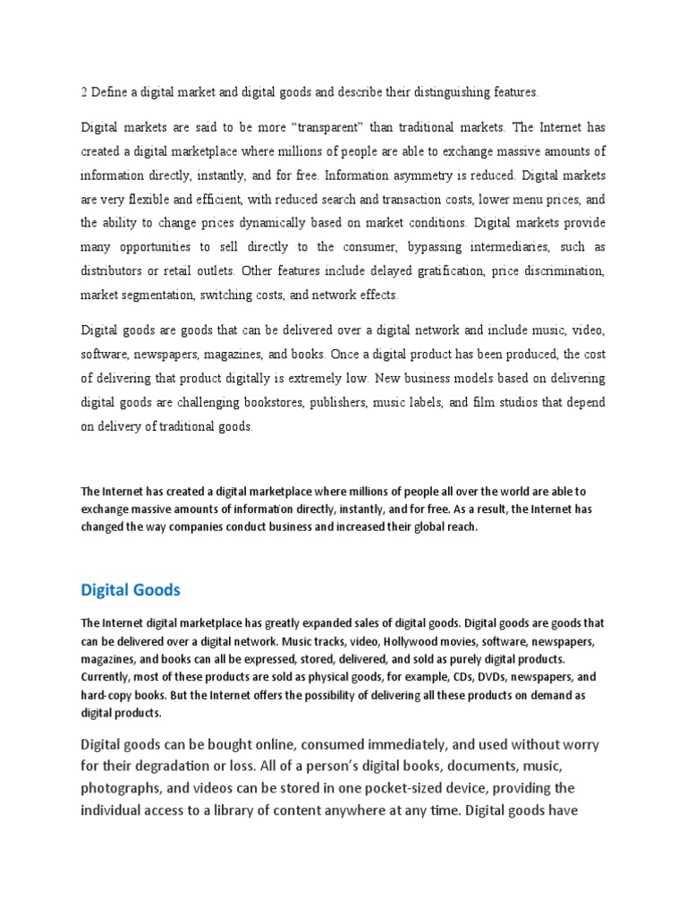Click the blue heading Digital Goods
click(x=131, y=590)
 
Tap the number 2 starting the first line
click(x=84, y=91)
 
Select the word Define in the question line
click(x=110, y=91)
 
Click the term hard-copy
click(x=110, y=696)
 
